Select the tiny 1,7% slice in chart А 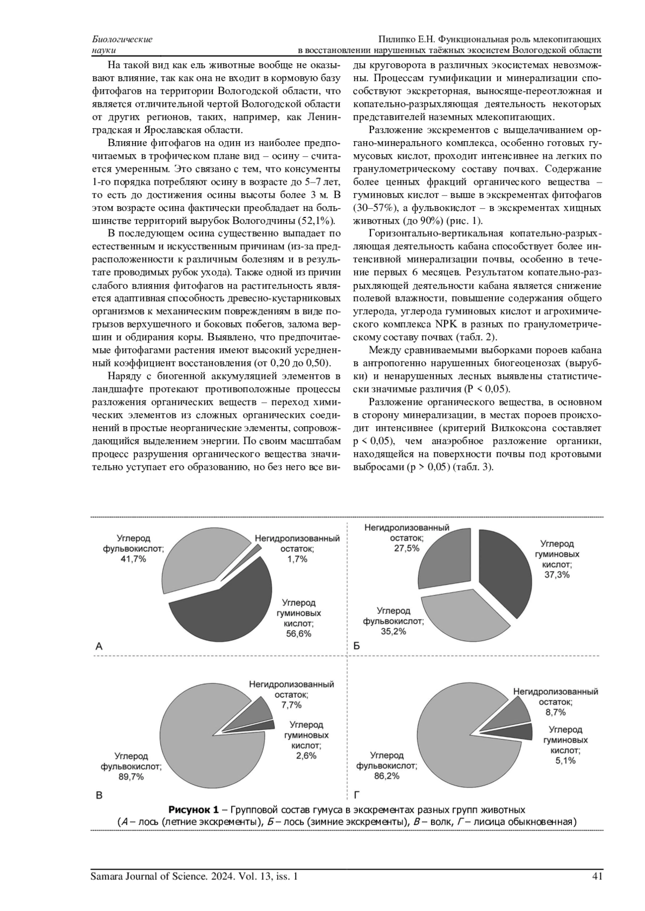pos(258,548)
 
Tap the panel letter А pos(99,647)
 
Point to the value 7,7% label pos(291,705)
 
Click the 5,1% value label pos(565,760)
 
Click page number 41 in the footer pos(597,877)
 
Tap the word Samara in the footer pos(108,877)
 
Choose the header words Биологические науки pos(122,45)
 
